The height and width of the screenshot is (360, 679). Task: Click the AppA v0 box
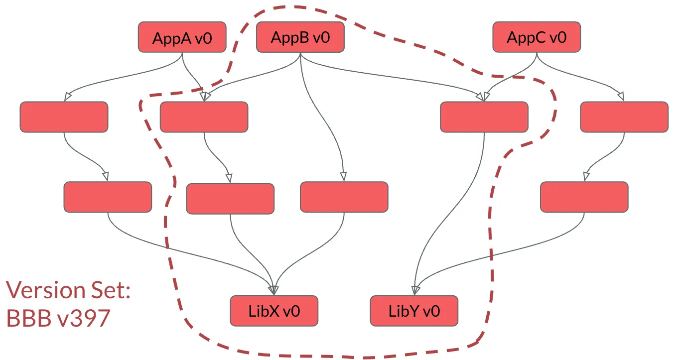[182, 37]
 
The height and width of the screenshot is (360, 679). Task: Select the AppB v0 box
[300, 37]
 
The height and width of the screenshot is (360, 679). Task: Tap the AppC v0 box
[537, 37]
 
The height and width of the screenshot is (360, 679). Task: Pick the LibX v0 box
[274, 311]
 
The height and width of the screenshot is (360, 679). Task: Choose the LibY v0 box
[414, 311]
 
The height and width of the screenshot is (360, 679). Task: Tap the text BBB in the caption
[27, 318]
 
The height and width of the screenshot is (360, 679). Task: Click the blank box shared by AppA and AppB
[204, 117]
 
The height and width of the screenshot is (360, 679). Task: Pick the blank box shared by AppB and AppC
[484, 117]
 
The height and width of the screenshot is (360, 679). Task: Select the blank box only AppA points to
[64, 117]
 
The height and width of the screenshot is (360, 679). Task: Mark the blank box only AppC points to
[624, 117]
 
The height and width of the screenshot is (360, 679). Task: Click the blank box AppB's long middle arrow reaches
[344, 197]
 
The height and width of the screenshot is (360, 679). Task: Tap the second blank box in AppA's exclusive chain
[108, 197]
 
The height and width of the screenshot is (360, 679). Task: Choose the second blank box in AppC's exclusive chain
[584, 197]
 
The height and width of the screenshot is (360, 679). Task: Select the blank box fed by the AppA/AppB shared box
[230, 199]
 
